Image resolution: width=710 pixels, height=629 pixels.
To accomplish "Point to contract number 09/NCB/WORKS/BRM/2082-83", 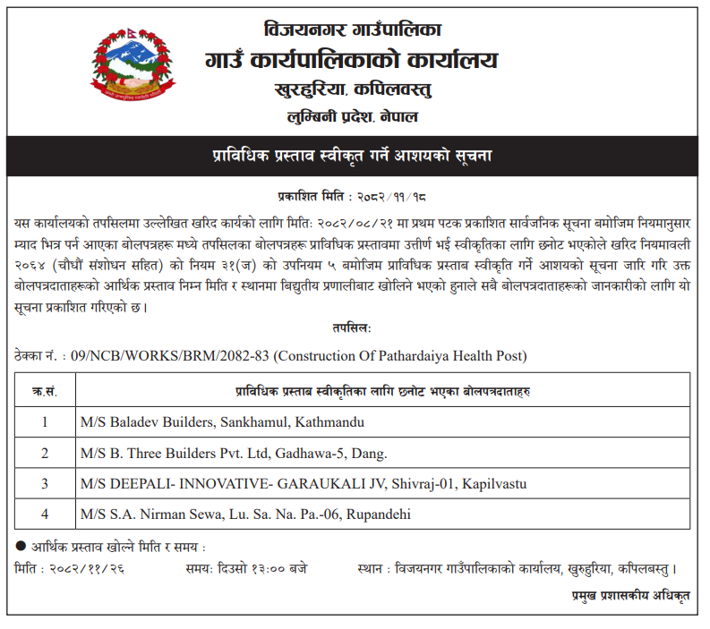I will click(167, 356).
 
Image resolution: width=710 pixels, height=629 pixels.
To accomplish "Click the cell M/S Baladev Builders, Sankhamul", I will click(222, 421).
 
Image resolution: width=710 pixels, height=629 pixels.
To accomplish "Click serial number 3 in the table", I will click(45, 484).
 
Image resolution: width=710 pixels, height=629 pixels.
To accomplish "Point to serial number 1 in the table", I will click(45, 421).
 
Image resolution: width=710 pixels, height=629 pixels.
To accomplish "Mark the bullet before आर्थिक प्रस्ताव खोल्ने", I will click(21, 546).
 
